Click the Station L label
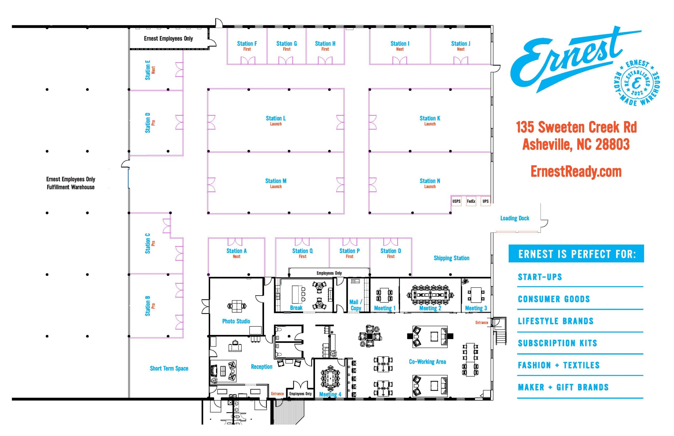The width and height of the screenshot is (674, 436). click(275, 118)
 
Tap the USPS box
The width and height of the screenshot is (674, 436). click(456, 201)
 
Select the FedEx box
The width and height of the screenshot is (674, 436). click(471, 201)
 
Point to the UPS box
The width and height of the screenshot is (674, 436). click(485, 201)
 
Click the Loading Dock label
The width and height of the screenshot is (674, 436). click(514, 218)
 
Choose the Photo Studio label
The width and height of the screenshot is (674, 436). click(236, 321)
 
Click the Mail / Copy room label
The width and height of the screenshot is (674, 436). click(355, 305)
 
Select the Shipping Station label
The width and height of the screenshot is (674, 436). click(451, 258)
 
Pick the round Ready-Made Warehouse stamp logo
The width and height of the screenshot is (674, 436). click(636, 82)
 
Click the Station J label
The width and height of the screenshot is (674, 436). click(460, 44)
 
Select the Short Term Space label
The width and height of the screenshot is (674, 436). click(169, 368)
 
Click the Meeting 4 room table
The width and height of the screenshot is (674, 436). click(330, 378)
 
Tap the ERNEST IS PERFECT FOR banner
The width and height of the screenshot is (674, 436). click(576, 254)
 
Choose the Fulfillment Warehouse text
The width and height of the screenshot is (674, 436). click(71, 187)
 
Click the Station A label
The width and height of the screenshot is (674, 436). click(236, 251)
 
